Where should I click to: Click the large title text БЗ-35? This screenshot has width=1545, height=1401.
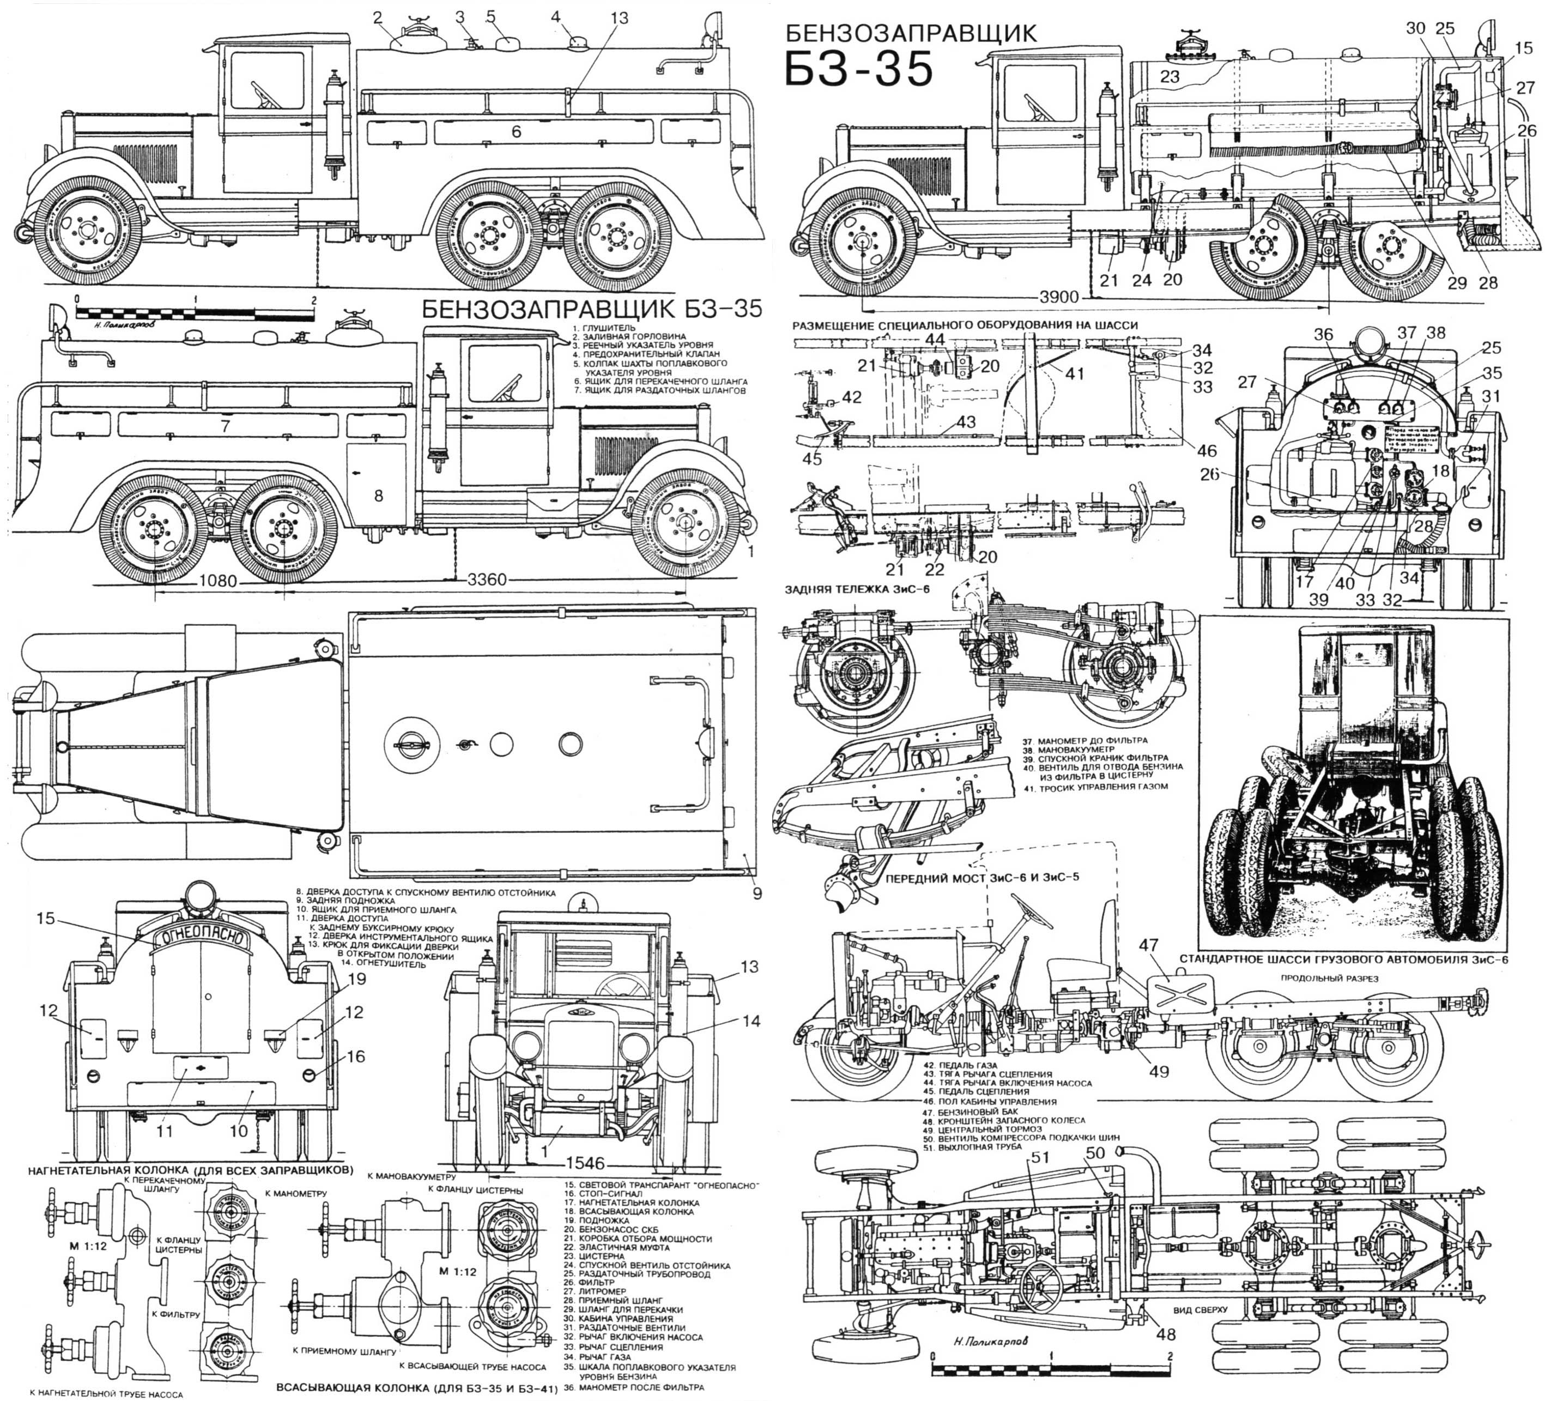[x=859, y=68]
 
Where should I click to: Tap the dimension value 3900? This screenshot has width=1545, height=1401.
[x=1060, y=297]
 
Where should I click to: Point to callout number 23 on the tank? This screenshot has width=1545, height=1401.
[x=1170, y=77]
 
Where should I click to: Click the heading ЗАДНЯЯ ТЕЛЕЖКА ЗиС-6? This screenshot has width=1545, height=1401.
[x=851, y=590]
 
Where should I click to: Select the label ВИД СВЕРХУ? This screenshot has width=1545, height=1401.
[x=1200, y=1310]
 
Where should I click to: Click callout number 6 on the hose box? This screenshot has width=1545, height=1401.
[x=516, y=132]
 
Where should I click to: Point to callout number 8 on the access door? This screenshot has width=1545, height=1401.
[x=378, y=496]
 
